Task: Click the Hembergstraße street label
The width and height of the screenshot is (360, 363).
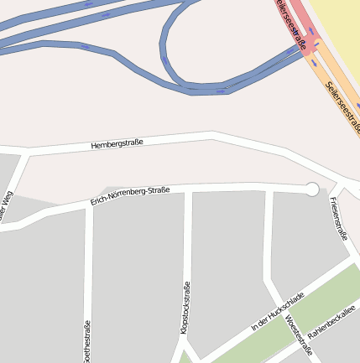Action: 117,144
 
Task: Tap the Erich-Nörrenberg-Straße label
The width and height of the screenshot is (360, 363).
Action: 130,196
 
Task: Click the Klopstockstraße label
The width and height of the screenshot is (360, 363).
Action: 185,309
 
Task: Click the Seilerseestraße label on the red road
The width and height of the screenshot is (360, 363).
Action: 290,25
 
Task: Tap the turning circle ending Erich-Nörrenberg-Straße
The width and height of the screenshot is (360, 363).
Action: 312,189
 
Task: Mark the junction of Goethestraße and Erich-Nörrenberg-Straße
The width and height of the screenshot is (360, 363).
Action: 87,205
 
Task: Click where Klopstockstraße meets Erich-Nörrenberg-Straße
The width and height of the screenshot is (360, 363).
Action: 188,191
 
